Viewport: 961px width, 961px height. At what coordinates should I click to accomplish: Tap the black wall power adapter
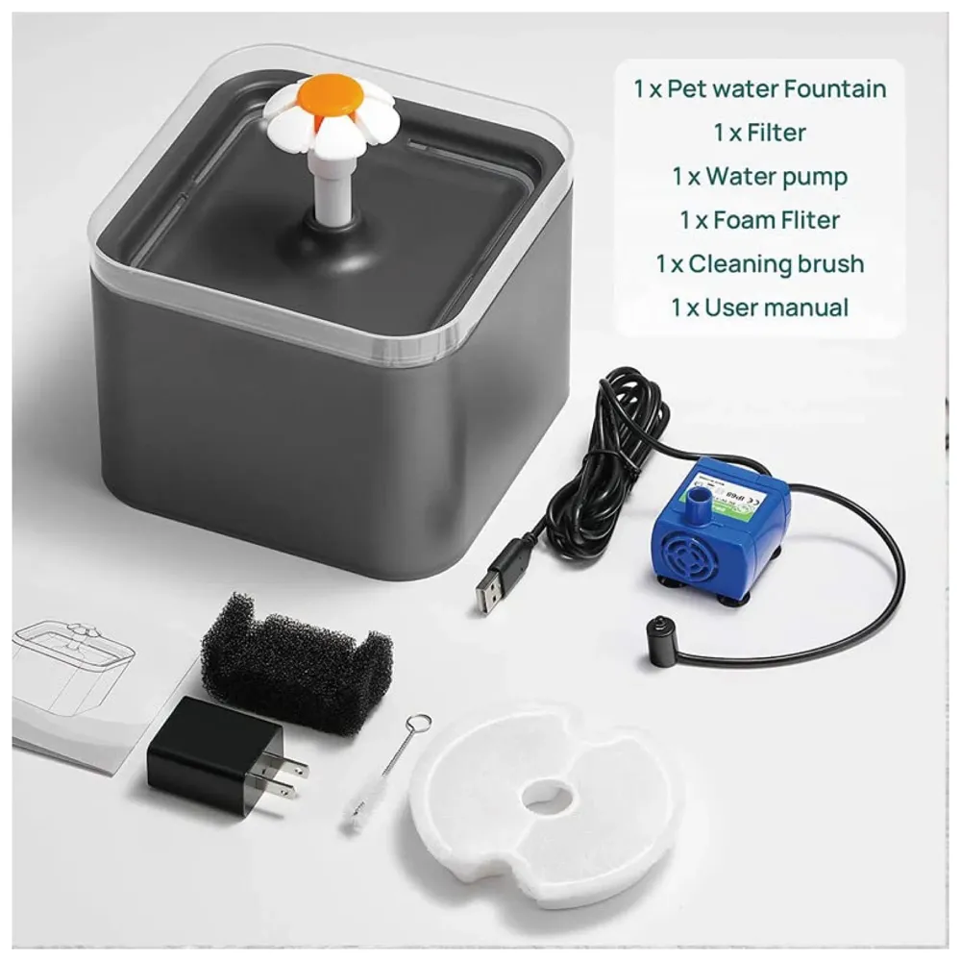218,755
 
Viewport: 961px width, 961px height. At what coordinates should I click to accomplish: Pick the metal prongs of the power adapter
289,774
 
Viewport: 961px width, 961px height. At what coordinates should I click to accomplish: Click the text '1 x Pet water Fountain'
759,88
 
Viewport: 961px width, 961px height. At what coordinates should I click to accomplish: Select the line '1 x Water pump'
759,176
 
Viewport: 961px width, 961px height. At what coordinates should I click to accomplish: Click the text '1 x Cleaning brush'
759,263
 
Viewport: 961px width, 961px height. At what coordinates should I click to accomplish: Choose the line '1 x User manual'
759,308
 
